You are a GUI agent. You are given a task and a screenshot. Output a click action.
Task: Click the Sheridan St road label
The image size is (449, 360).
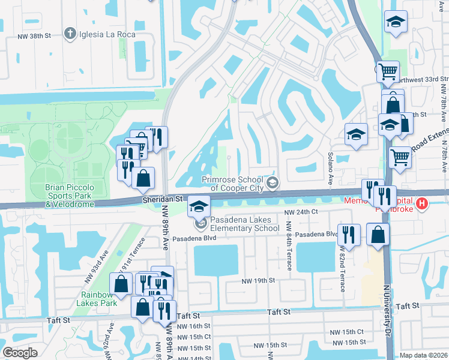pyautogui.click(x=162, y=198)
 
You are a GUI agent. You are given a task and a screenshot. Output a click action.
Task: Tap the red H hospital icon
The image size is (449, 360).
pyautogui.click(x=422, y=204)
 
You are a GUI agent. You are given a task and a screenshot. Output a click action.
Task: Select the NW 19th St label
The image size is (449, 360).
pyautogui.click(x=258, y=280)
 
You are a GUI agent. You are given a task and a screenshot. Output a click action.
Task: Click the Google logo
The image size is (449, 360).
pyautogui.click(x=20, y=353)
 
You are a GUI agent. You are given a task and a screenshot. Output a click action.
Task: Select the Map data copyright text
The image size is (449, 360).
pyautogui.click(x=423, y=355)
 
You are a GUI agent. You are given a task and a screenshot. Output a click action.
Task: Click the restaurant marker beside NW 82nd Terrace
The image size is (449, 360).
pyautogui.click(x=349, y=235)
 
